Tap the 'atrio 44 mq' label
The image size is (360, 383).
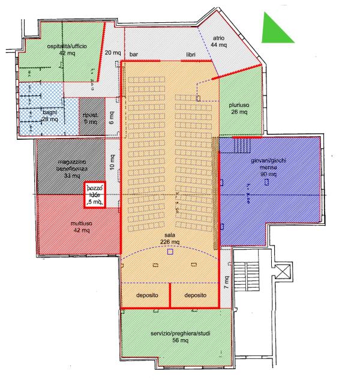pyautogui.click(x=219, y=41)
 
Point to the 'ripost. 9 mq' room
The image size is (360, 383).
pyautogui.click(x=91, y=118)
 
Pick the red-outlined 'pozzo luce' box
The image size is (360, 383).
pyautogui.click(x=95, y=195)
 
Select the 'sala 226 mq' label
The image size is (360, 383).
pyautogui.click(x=170, y=238)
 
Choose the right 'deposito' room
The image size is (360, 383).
pyautogui.click(x=196, y=296)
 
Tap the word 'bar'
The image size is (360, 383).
pyautogui.click(x=134, y=54)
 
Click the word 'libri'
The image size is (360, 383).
pyautogui.click(x=191, y=54)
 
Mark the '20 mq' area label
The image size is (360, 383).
pyautogui.click(x=112, y=52)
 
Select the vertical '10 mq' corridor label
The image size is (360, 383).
pyautogui.click(x=112, y=161)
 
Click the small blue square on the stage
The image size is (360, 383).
pyautogui.click(x=170, y=252)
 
